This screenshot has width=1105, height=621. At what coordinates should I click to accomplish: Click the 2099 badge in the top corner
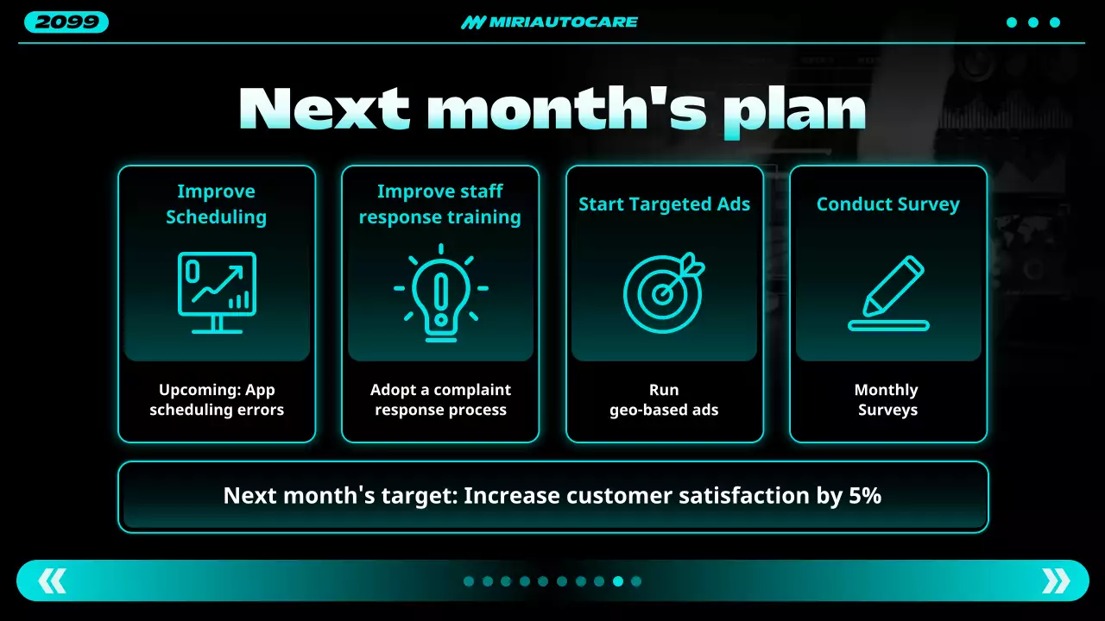66,22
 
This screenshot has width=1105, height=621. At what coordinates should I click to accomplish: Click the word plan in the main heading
794,110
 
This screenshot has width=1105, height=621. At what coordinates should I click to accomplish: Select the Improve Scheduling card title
216,204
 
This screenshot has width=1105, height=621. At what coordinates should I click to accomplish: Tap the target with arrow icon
662,292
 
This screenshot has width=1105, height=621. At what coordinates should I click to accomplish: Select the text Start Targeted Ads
664,204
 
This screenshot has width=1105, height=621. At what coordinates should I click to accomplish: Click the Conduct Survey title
887,204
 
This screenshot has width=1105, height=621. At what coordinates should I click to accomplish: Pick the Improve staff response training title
440,204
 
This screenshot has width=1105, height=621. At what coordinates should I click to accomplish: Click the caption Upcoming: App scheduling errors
217,400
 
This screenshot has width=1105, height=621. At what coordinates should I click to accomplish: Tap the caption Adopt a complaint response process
440,400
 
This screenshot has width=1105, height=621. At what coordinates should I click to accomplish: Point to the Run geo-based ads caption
664,400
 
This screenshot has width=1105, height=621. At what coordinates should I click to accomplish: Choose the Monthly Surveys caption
887,400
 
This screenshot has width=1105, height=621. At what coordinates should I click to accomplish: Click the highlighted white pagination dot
618,581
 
